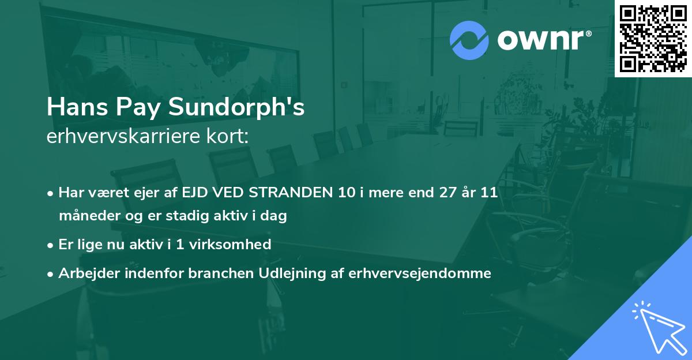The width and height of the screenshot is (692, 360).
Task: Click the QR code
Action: point(653,39)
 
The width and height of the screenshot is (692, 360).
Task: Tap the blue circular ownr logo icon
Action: point(469,40)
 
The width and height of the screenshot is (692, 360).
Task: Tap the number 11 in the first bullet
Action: point(489,193)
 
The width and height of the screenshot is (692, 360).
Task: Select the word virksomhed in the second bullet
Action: point(238,245)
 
